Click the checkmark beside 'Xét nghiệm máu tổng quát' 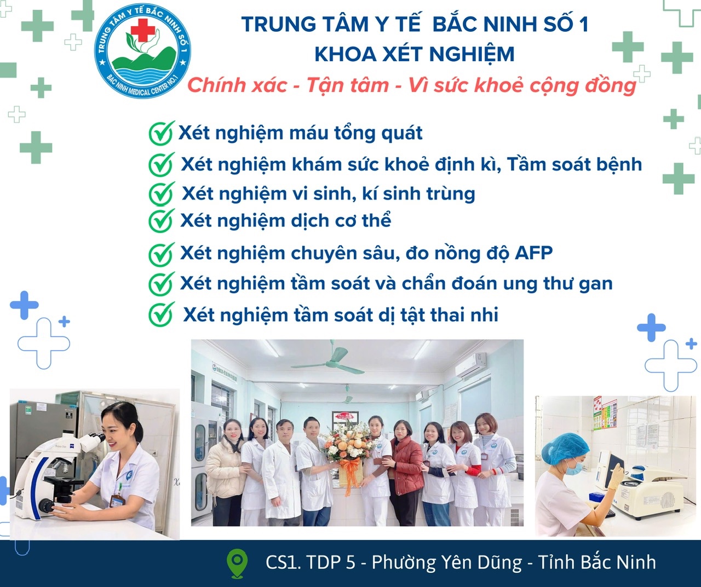[x=161, y=133]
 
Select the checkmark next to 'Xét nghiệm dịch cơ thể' [x=161, y=220]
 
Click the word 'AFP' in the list [x=533, y=253]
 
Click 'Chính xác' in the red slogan [x=237, y=85]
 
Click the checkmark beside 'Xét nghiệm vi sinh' [x=161, y=193]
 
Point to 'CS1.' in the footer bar [x=283, y=562]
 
